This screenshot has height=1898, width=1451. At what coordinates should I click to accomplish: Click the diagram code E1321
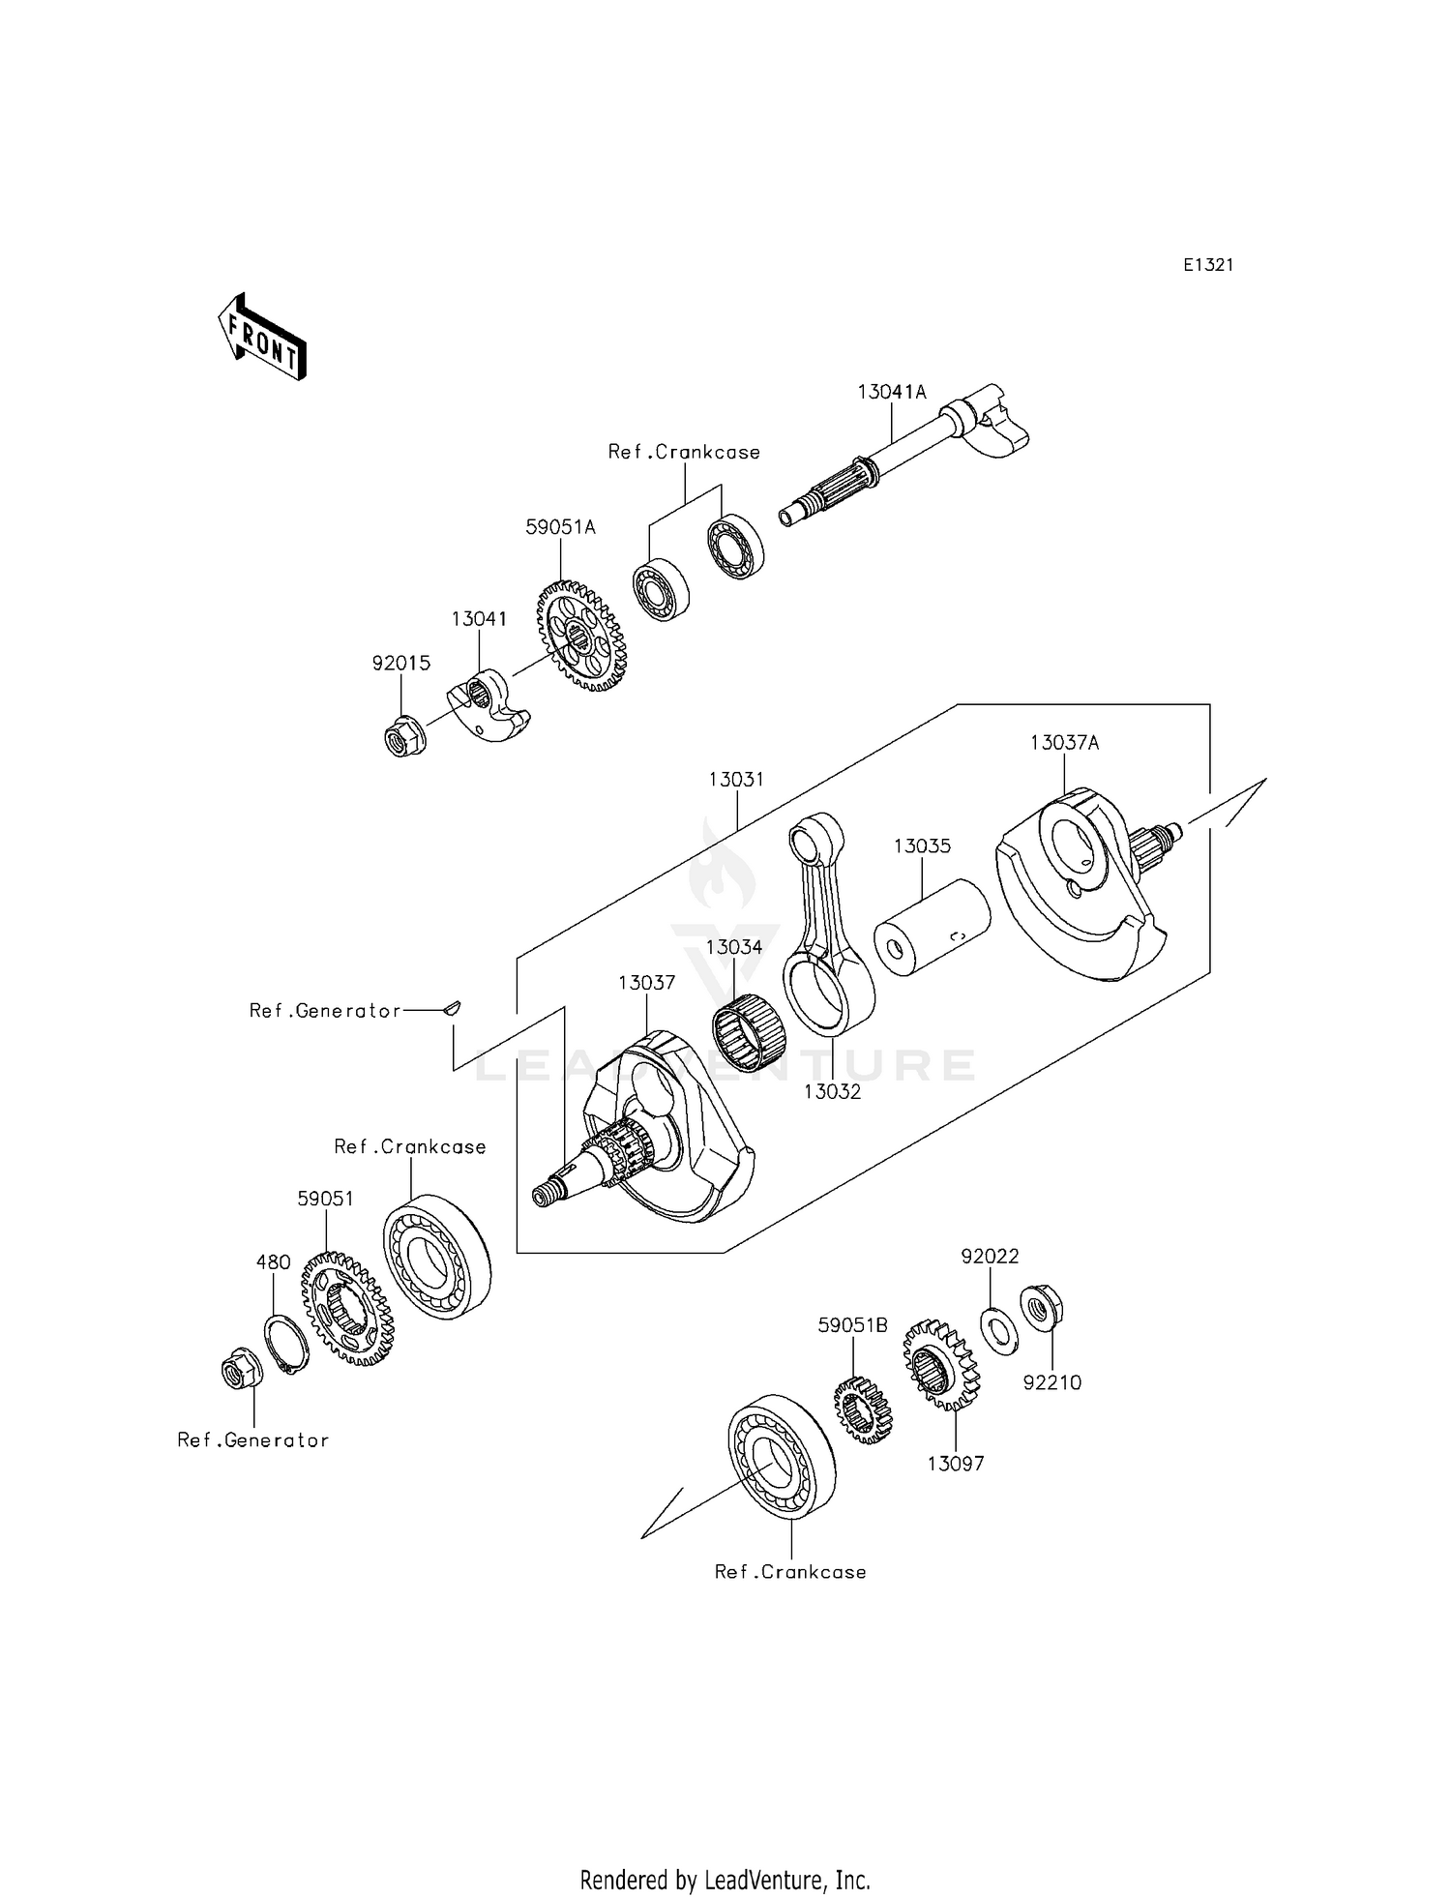tap(1207, 265)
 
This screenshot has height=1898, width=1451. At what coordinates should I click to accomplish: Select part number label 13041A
tap(891, 392)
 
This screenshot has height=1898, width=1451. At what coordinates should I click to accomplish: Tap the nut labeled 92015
tap(401, 739)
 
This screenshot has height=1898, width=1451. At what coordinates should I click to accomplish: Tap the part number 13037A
tap(1064, 743)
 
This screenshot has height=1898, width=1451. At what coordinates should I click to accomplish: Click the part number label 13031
tap(736, 779)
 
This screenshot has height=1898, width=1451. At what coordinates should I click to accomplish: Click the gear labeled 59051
tap(345, 1309)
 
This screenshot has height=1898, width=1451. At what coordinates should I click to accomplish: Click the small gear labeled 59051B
tap(863, 1410)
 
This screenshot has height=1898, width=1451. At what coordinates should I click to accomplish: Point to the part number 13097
tap(956, 1464)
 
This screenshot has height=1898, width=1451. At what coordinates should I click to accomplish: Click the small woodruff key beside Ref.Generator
tap(451, 1008)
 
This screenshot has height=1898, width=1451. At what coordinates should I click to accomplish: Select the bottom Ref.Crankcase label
tap(790, 1572)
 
